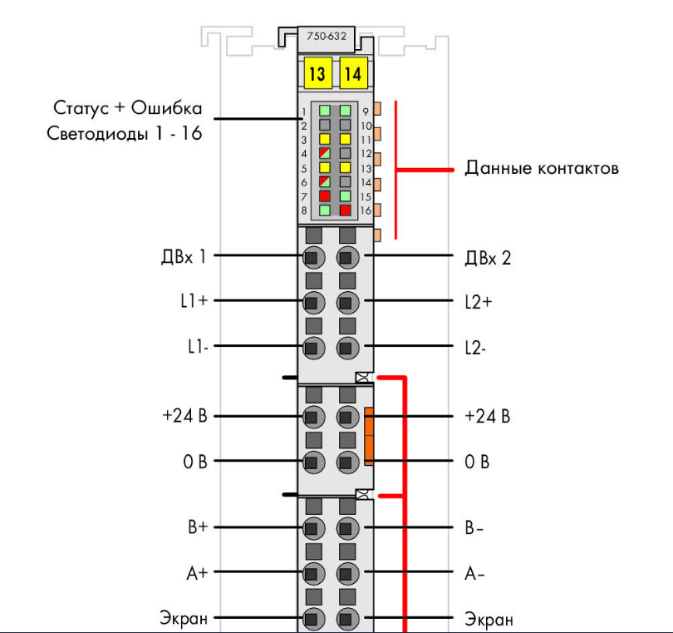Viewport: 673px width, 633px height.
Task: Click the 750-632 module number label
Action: (327, 36)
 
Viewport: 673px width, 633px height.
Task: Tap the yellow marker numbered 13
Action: (317, 73)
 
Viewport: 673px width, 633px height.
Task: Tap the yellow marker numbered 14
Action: (353, 73)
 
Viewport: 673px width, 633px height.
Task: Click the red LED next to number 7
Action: (325, 196)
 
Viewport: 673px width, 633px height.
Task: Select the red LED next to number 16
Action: (345, 210)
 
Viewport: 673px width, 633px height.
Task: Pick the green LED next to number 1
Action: (325, 111)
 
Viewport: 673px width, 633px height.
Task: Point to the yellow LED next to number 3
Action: (325, 139)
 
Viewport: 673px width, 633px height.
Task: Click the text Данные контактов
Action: (542, 168)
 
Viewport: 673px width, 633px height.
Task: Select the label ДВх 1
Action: (184, 257)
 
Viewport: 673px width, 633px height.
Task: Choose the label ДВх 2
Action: (488, 258)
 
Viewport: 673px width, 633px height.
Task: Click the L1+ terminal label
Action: (194, 301)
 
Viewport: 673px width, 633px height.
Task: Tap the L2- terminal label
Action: (475, 347)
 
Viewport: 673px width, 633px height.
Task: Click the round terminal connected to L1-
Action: (314, 347)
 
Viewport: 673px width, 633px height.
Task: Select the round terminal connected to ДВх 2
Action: (347, 257)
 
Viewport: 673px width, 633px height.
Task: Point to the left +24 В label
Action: (185, 416)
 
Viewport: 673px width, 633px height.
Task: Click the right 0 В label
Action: (477, 462)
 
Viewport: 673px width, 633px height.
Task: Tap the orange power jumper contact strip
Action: (369, 437)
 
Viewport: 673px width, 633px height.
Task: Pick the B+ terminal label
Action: (198, 527)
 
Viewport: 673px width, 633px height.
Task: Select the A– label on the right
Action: (474, 573)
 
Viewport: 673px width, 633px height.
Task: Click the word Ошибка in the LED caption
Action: (166, 108)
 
